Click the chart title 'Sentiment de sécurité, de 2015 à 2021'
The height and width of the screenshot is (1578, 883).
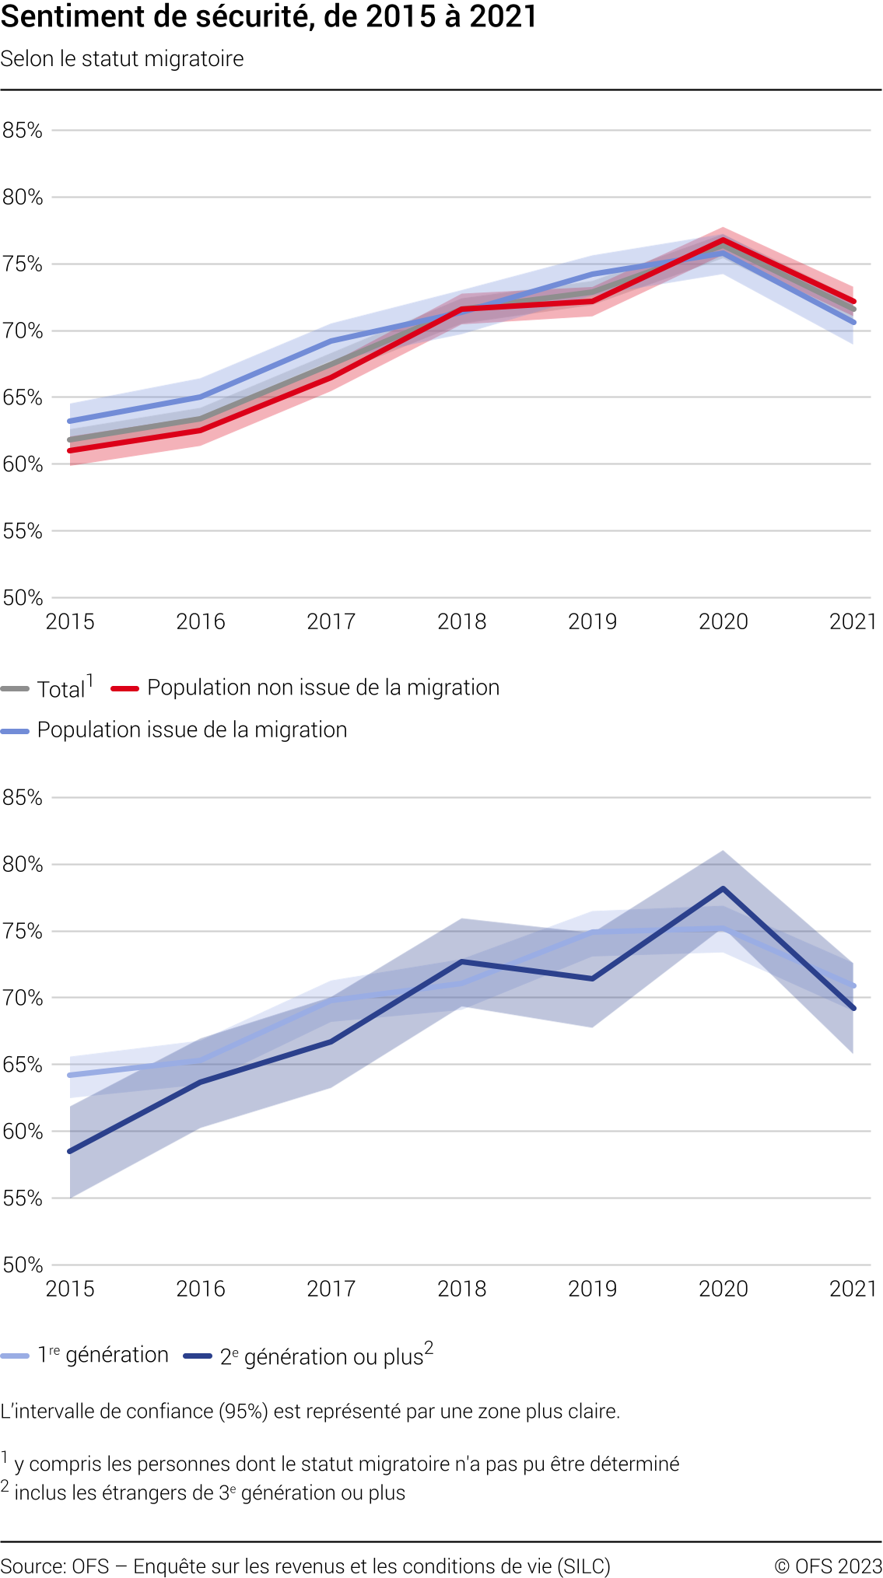(268, 17)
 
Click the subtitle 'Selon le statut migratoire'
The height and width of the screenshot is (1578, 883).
(122, 59)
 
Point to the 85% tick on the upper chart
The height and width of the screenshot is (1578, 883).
(22, 131)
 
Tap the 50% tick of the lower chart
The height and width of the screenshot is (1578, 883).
(22, 1265)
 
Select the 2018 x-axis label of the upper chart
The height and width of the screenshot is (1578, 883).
(461, 621)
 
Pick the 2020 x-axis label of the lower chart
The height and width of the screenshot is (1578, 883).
(723, 1289)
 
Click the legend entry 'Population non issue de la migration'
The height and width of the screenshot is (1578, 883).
(323, 688)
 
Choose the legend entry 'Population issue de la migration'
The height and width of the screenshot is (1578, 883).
(191, 730)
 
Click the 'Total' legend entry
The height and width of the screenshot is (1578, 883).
(61, 689)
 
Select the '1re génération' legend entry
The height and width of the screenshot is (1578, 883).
(103, 1356)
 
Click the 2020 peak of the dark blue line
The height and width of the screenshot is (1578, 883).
(723, 888)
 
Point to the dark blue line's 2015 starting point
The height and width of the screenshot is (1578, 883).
(71, 1151)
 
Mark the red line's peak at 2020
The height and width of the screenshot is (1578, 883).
(723, 240)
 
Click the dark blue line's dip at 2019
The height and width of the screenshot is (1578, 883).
(592, 978)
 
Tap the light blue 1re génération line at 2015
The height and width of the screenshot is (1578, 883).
(71, 1075)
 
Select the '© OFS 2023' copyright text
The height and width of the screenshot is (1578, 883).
(828, 1566)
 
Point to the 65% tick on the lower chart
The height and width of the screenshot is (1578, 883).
(22, 1065)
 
